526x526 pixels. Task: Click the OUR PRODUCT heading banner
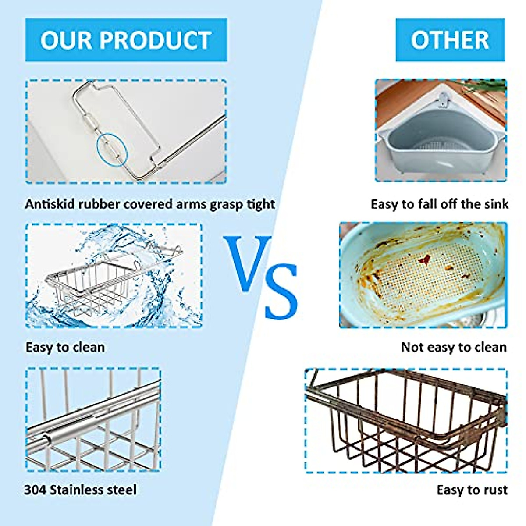(x=126, y=40)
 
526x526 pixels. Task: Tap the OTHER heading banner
(x=450, y=40)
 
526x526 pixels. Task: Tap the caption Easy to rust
(x=472, y=490)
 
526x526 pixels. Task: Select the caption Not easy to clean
(x=454, y=347)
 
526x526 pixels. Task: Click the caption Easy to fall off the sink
(x=439, y=204)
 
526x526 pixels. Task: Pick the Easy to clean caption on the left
(x=65, y=347)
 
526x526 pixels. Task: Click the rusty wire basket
(x=405, y=421)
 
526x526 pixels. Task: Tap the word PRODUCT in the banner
(x=155, y=40)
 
